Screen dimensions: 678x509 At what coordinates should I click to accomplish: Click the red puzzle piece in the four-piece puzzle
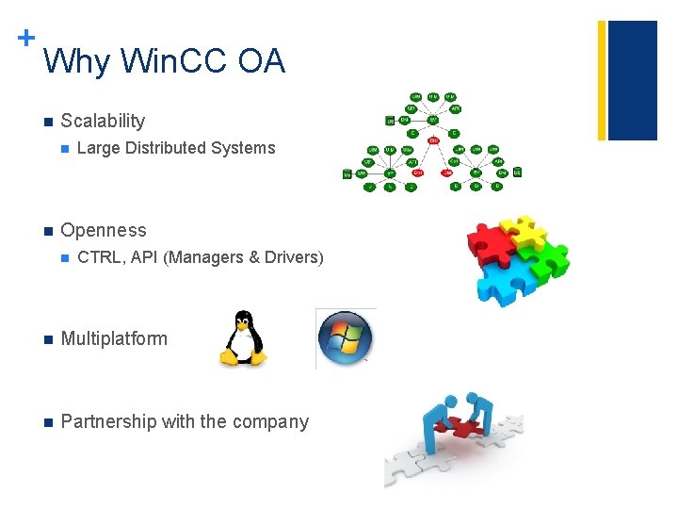point(492,239)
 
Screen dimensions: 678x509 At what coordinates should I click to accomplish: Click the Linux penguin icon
point(243,337)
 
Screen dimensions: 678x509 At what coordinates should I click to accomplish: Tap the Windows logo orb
point(345,338)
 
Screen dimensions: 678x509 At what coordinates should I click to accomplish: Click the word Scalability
point(103,121)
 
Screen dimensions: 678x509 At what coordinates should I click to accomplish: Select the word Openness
point(104,230)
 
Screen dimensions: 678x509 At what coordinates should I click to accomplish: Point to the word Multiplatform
point(114,338)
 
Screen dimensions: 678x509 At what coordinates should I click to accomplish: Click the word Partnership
point(108,421)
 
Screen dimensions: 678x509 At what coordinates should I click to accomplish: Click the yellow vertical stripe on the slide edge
point(602,80)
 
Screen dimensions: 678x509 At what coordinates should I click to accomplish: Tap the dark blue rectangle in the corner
point(632,80)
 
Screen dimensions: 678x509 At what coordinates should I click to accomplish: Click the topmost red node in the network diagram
point(433,141)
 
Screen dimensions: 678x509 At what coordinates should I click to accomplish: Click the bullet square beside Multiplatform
point(45,339)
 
